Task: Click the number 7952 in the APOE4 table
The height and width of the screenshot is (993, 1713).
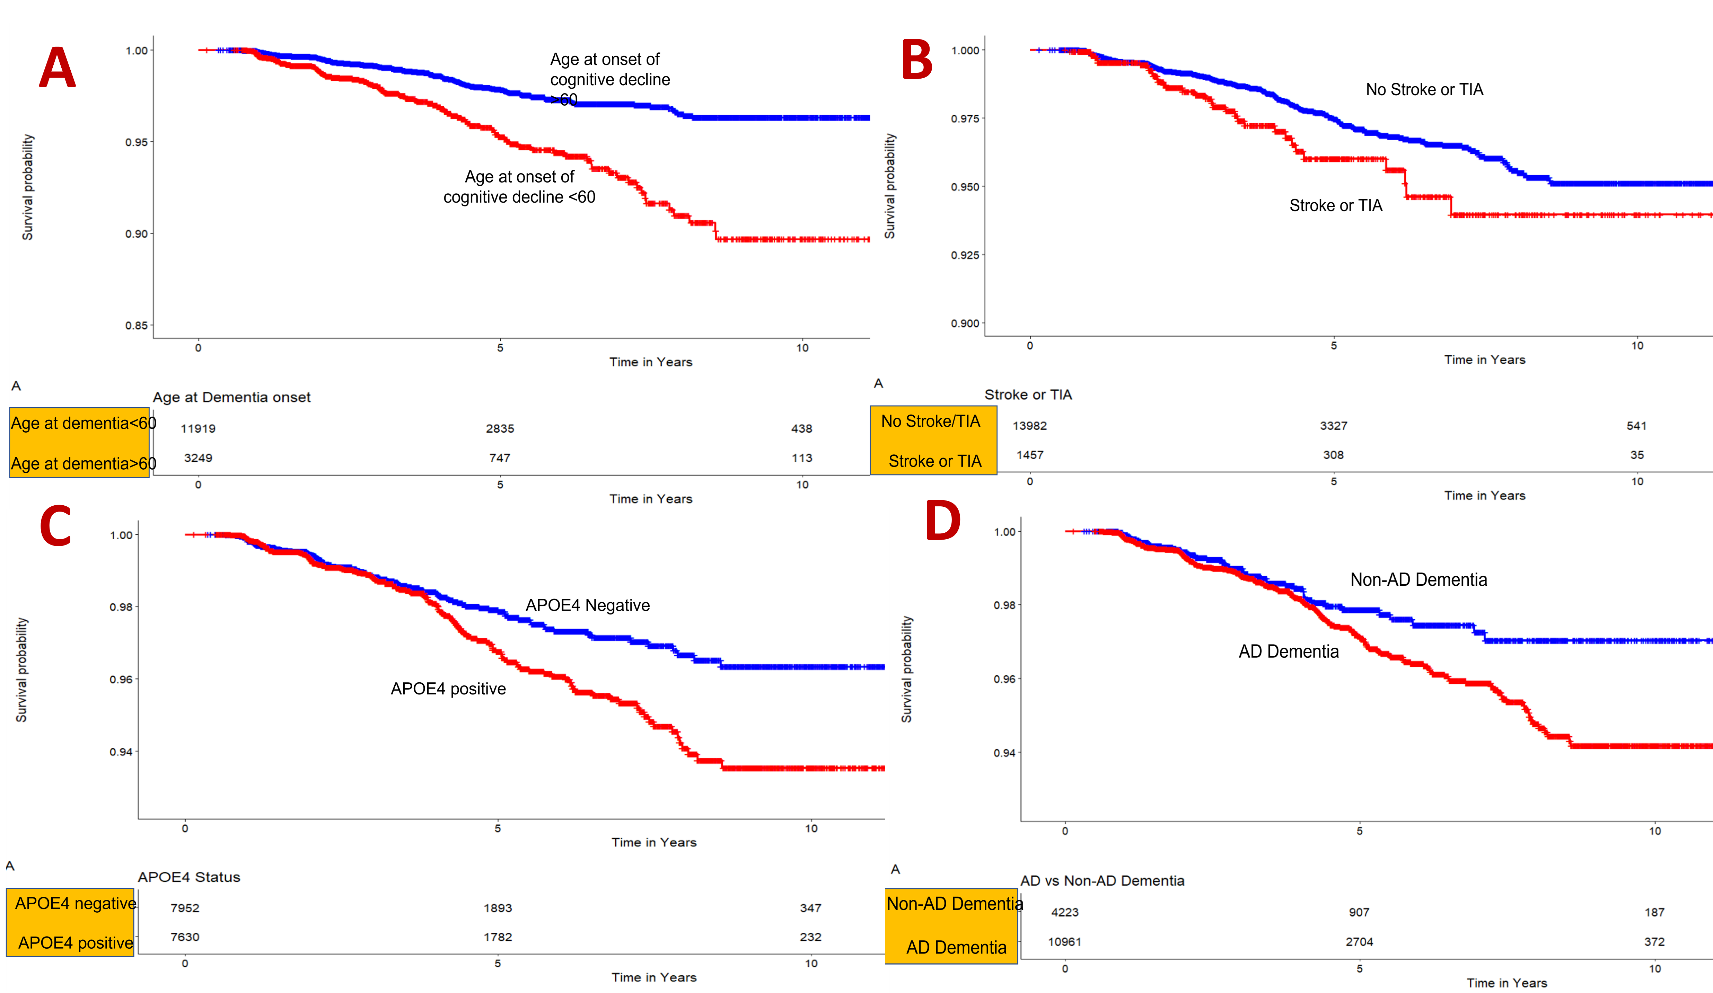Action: point(185,908)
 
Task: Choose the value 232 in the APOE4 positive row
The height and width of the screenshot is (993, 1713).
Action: point(810,937)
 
